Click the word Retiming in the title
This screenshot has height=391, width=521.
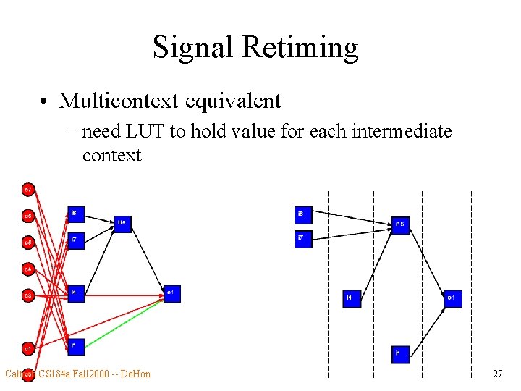[300, 48]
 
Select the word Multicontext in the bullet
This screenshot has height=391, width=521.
[119, 101]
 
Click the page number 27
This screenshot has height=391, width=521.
[497, 374]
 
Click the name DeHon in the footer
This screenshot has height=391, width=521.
[135, 374]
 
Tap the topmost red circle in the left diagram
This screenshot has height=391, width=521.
[27, 190]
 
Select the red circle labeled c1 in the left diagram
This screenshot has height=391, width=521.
[27, 348]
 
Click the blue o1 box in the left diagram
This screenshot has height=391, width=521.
[171, 293]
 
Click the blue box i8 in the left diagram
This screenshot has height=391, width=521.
[76, 214]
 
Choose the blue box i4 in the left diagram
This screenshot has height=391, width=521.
[76, 293]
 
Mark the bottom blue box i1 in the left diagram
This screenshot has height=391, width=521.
[76, 347]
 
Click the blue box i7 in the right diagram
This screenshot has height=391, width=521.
[304, 239]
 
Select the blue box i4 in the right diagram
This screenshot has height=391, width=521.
[352, 298]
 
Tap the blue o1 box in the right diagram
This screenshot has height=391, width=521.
[453, 298]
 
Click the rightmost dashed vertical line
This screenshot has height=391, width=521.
[471, 282]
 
